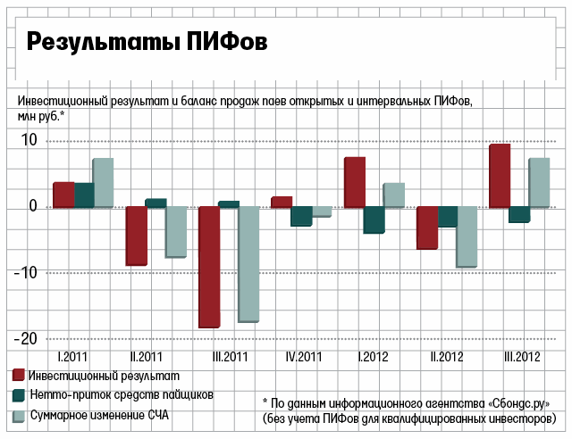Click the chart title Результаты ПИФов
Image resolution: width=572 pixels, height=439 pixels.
pyautogui.click(x=146, y=44)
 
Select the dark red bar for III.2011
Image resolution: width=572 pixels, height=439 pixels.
pyautogui.click(x=209, y=267)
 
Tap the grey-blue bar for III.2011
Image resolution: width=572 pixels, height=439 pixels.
pyautogui.click(x=248, y=263)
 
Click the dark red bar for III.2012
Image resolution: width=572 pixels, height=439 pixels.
pyautogui.click(x=500, y=176)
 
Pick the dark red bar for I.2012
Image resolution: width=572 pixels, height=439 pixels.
pyautogui.click(x=355, y=182)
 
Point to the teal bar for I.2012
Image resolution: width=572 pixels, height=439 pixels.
pyautogui.click(x=374, y=219)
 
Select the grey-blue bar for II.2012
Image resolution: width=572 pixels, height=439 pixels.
pyautogui.click(x=467, y=236)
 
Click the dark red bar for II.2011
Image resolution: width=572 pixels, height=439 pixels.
pyautogui.click(x=136, y=236)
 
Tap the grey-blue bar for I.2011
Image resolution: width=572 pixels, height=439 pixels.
pyautogui.click(x=103, y=183)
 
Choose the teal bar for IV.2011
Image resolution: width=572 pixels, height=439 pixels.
pyautogui.click(x=301, y=216)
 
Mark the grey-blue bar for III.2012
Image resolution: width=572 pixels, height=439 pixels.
pyautogui.click(x=539, y=183)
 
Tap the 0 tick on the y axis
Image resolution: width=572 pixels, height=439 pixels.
pyautogui.click(x=32, y=206)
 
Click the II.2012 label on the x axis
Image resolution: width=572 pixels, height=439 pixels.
pyautogui.click(x=446, y=358)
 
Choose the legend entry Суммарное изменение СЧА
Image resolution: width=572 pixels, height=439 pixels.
pyautogui.click(x=99, y=417)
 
